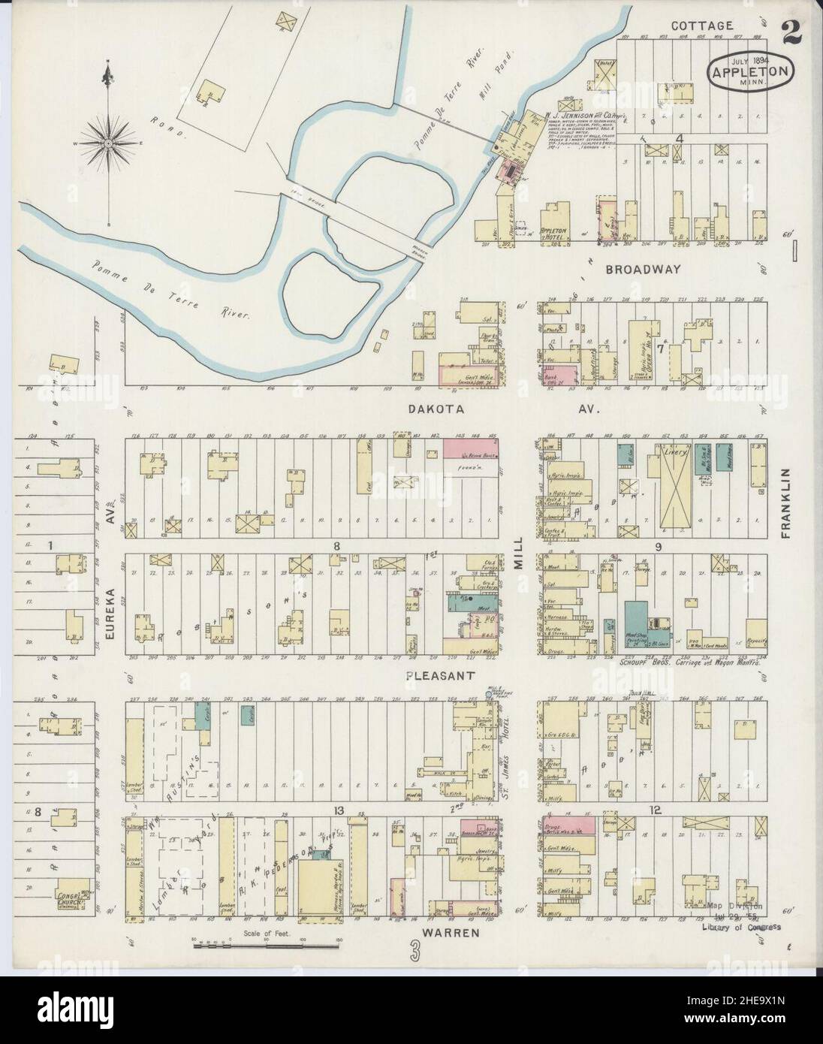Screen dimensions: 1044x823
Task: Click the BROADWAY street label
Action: (643, 269)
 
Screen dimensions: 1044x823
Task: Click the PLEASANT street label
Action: (439, 675)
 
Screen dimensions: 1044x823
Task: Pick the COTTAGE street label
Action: (701, 26)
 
